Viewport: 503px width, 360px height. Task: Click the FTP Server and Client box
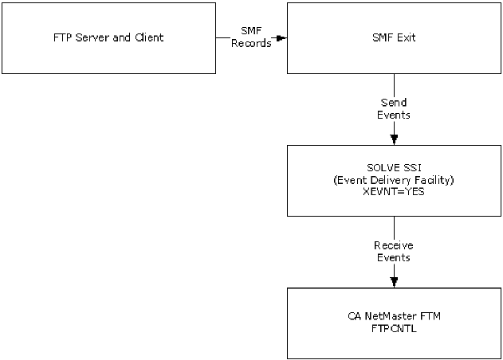pyautogui.click(x=108, y=37)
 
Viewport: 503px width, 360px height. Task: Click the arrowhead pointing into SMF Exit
pyautogui.click(x=281, y=37)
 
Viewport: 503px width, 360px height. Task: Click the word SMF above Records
pyautogui.click(x=250, y=30)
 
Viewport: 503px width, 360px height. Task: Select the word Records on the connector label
pyautogui.click(x=250, y=43)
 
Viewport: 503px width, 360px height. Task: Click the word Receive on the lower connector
pyautogui.click(x=394, y=245)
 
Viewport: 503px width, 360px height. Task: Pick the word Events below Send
pyautogui.click(x=394, y=116)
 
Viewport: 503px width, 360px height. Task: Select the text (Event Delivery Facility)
pyautogui.click(x=394, y=181)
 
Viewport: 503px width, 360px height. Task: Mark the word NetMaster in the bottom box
pyautogui.click(x=393, y=317)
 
